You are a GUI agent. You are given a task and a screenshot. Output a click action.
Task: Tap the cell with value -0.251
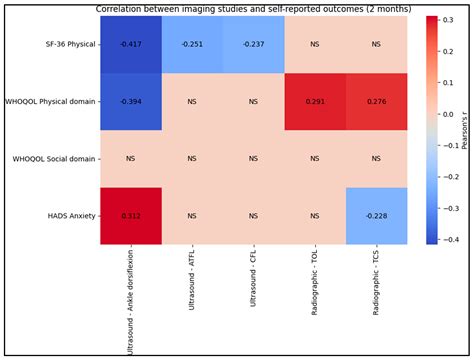[191, 44]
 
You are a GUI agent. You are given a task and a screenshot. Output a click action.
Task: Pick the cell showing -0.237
[253, 44]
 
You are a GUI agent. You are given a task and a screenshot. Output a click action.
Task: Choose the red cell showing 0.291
[315, 101]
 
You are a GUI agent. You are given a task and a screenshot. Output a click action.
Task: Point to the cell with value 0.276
[376, 101]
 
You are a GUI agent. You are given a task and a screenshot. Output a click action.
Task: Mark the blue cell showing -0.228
[376, 215]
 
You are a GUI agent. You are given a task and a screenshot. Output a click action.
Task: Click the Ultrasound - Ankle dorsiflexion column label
[130, 298]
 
